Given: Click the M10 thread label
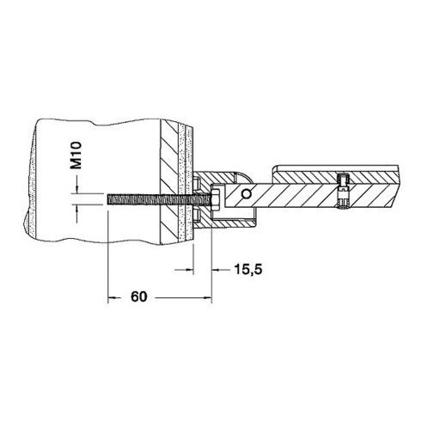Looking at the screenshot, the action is click(x=76, y=156).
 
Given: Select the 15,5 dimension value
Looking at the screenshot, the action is click(x=248, y=270).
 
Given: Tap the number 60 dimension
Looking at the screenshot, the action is click(x=138, y=296).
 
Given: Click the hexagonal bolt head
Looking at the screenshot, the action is click(x=216, y=198).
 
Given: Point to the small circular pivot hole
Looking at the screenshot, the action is click(x=246, y=194).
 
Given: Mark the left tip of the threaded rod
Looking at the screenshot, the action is click(x=108, y=199).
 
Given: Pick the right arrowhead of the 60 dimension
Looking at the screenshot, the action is click(x=207, y=298).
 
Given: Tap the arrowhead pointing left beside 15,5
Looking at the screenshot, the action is click(x=217, y=270).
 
